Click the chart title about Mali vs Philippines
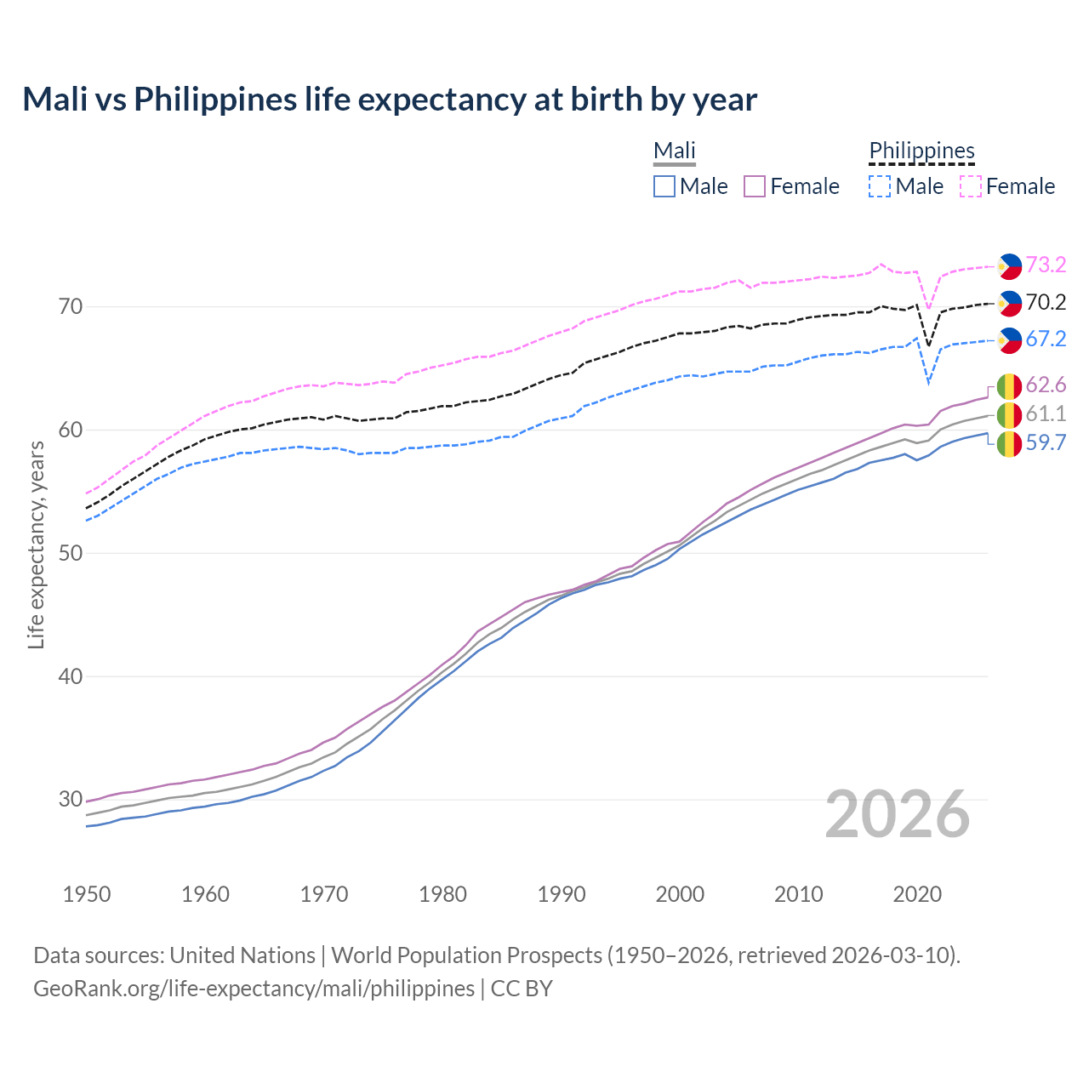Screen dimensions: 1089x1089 click(390, 100)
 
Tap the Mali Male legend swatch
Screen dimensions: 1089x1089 click(664, 186)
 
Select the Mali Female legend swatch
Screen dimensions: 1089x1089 click(755, 186)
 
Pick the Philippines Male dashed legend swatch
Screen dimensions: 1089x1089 click(880, 186)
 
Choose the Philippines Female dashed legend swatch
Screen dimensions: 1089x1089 click(971, 186)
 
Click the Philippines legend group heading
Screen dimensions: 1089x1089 click(921, 151)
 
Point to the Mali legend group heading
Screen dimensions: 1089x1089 click(675, 151)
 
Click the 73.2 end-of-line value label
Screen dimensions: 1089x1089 click(1046, 265)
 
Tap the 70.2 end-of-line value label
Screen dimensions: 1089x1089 click(1046, 302)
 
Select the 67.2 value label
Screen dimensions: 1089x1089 click(1046, 339)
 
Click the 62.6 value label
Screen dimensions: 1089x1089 click(1046, 385)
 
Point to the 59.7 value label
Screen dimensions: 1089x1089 click(1046, 442)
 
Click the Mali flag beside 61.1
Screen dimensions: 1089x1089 click(1009, 415)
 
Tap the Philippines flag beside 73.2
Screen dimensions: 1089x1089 click(1009, 266)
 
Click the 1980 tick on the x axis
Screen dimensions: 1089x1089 click(442, 894)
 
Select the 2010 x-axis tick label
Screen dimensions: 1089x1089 click(798, 894)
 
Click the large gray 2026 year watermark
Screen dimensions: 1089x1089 click(898, 814)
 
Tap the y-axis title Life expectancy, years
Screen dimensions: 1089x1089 click(36, 544)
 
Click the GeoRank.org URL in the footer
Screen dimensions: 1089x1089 click(254, 989)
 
